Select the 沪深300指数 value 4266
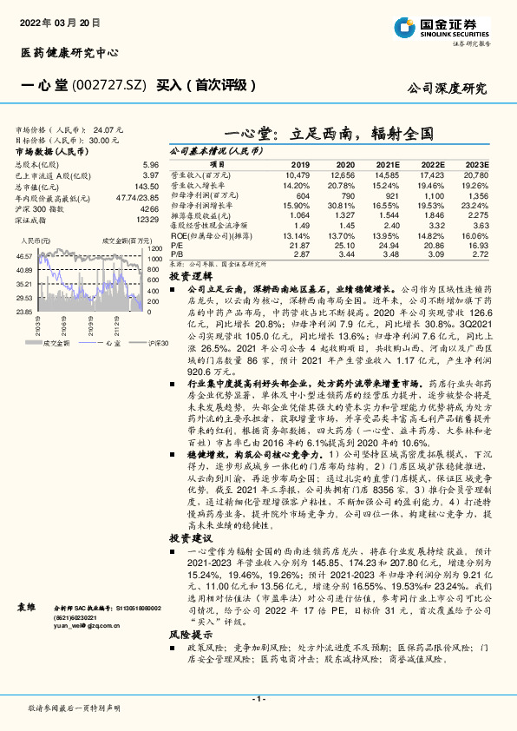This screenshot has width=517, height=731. click(149, 209)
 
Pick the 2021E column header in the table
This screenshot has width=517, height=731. click(389, 164)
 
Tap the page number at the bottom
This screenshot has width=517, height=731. click(258, 698)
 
